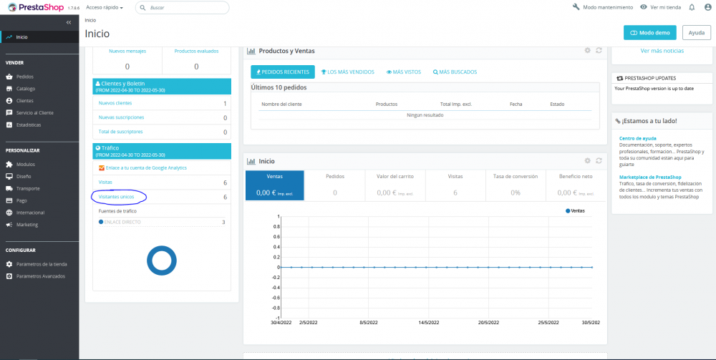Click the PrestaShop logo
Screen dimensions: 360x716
(32, 7)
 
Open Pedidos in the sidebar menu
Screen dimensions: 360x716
(25, 77)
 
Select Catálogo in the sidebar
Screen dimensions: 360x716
(26, 89)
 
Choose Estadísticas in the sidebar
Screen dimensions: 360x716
(29, 125)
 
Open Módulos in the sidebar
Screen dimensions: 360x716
(26, 164)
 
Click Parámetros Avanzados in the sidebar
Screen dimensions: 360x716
(40, 276)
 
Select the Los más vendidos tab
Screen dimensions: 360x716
(347, 72)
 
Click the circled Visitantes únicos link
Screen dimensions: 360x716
(116, 196)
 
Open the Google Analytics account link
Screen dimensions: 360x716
(145, 167)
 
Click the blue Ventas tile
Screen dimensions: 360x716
(274, 185)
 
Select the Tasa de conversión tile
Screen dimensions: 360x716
(516, 185)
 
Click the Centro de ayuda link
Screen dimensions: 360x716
(638, 138)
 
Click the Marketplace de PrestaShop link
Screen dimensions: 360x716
(650, 177)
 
